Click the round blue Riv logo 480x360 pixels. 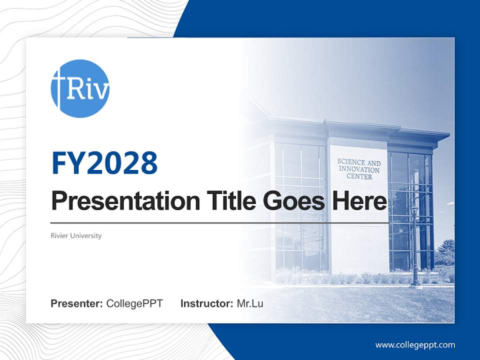pyautogui.click(x=80, y=88)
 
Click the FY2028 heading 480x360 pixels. pyautogui.click(x=104, y=163)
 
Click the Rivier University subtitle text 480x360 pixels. pyautogui.click(x=76, y=235)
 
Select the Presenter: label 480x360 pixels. pyautogui.click(x=77, y=303)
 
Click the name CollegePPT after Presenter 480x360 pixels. pyautogui.click(x=134, y=303)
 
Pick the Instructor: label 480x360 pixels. pyautogui.click(x=206, y=303)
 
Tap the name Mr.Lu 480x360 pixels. pyautogui.click(x=250, y=303)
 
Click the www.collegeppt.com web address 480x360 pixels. pyautogui.click(x=415, y=345)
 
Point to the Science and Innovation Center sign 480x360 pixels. pyautogui.click(x=358, y=169)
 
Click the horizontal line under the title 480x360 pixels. pyautogui.click(x=219, y=222)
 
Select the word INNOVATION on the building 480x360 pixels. pyautogui.click(x=358, y=170)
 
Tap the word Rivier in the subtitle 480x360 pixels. pyautogui.click(x=60, y=235)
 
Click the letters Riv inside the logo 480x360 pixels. pyautogui.click(x=87, y=90)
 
